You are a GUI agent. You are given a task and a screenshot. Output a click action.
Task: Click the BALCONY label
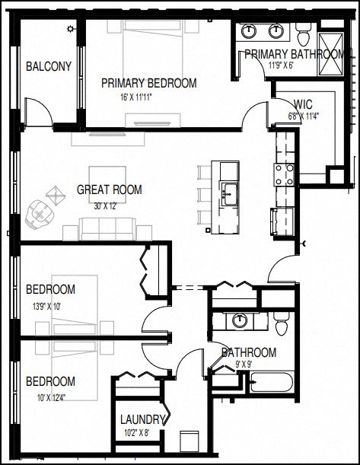click(49, 66)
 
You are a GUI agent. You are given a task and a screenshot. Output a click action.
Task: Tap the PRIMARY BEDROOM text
click(148, 83)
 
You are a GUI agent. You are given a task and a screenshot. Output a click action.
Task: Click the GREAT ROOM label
click(109, 190)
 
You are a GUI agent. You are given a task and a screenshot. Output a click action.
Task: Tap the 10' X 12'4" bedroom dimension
click(50, 395)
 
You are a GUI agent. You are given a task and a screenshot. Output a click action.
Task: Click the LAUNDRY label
click(142, 419)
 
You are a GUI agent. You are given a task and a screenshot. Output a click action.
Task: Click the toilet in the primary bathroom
click(303, 35)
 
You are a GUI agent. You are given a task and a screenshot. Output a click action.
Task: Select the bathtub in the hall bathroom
click(272, 381)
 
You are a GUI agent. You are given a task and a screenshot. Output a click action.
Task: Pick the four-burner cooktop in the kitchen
click(285, 174)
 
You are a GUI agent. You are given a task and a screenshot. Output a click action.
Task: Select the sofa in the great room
click(108, 228)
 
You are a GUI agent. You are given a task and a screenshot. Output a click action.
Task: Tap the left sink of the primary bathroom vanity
click(250, 31)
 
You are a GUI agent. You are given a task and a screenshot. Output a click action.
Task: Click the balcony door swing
click(38, 113)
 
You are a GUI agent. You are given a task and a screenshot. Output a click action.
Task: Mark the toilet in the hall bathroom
click(281, 326)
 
